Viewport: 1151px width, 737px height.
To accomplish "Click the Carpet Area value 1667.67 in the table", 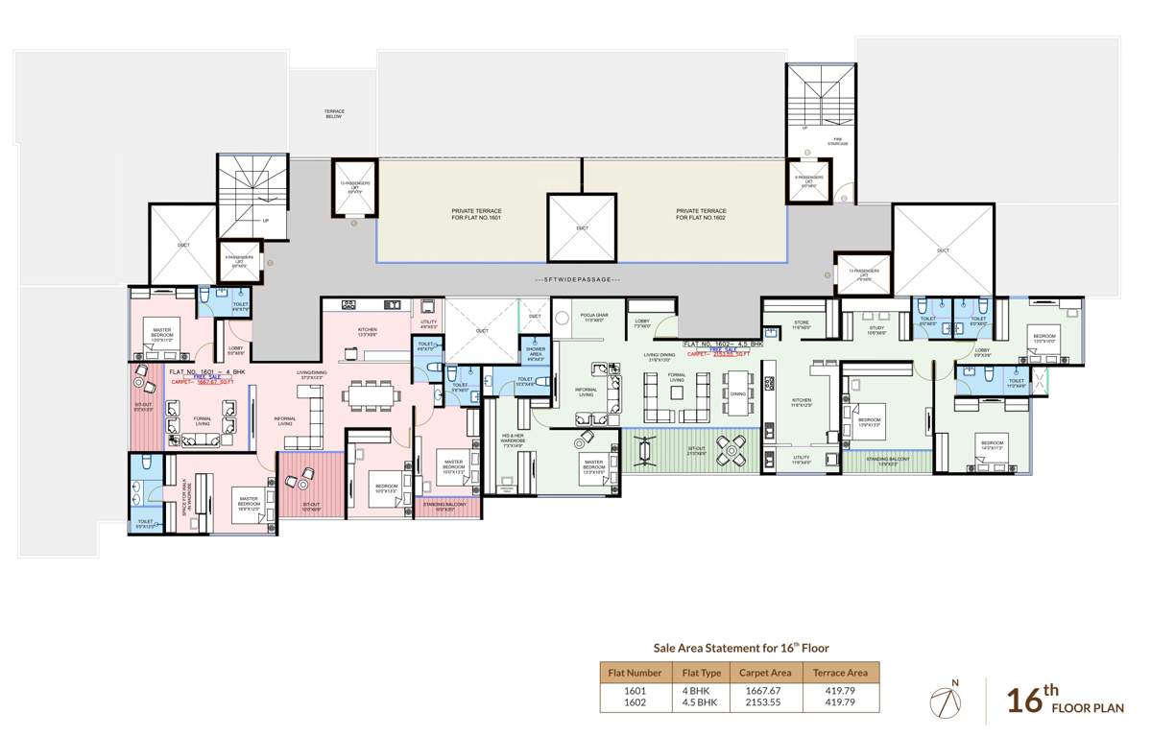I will [761, 690].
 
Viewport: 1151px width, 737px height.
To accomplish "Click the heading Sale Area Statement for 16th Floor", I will [741, 649].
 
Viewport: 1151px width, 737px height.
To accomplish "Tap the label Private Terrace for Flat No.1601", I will [476, 214].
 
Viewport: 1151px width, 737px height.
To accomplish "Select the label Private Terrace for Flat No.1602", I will [701, 214].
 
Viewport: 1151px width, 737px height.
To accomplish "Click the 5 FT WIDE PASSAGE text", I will [576, 279].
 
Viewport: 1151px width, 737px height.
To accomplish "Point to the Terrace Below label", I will [333, 113].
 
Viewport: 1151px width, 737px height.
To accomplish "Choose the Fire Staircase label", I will [836, 141].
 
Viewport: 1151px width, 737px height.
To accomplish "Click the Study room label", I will [875, 329].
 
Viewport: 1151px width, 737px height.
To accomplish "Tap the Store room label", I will [802, 324].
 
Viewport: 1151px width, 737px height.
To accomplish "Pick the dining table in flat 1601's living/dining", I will [370, 392].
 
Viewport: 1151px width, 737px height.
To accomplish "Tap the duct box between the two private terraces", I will [581, 226].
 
